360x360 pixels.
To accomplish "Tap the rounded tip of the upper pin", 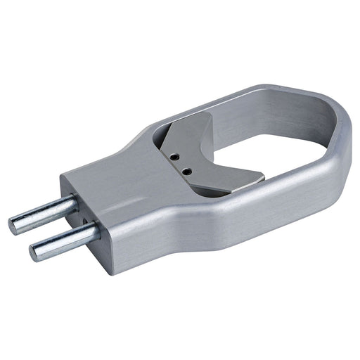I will click(x=14, y=226).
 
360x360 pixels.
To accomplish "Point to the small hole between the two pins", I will click(x=85, y=223).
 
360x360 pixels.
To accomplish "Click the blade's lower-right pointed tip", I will click(x=261, y=176).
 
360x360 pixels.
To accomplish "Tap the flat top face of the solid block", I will click(x=112, y=176).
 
